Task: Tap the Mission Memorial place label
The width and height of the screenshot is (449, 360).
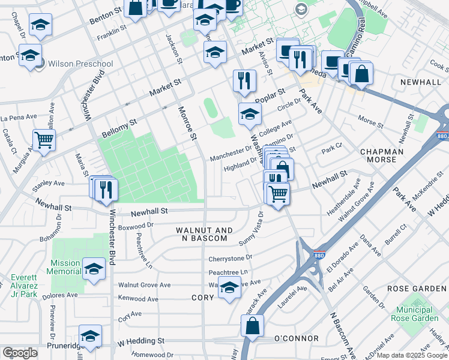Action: [65, 267]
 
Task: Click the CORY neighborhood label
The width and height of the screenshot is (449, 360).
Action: [202, 298]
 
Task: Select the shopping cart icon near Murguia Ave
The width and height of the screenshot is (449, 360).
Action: [44, 140]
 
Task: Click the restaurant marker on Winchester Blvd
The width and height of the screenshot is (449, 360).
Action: [106, 189]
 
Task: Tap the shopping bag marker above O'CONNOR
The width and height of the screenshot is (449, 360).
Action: [253, 326]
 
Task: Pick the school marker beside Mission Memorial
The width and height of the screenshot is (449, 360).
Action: [94, 269]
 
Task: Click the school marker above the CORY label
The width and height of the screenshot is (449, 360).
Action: [229, 288]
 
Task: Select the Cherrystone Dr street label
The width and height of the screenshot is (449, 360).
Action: [231, 259]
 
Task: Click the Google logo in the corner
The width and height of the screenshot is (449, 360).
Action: [20, 353]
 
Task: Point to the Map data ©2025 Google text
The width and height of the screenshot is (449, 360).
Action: [411, 355]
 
